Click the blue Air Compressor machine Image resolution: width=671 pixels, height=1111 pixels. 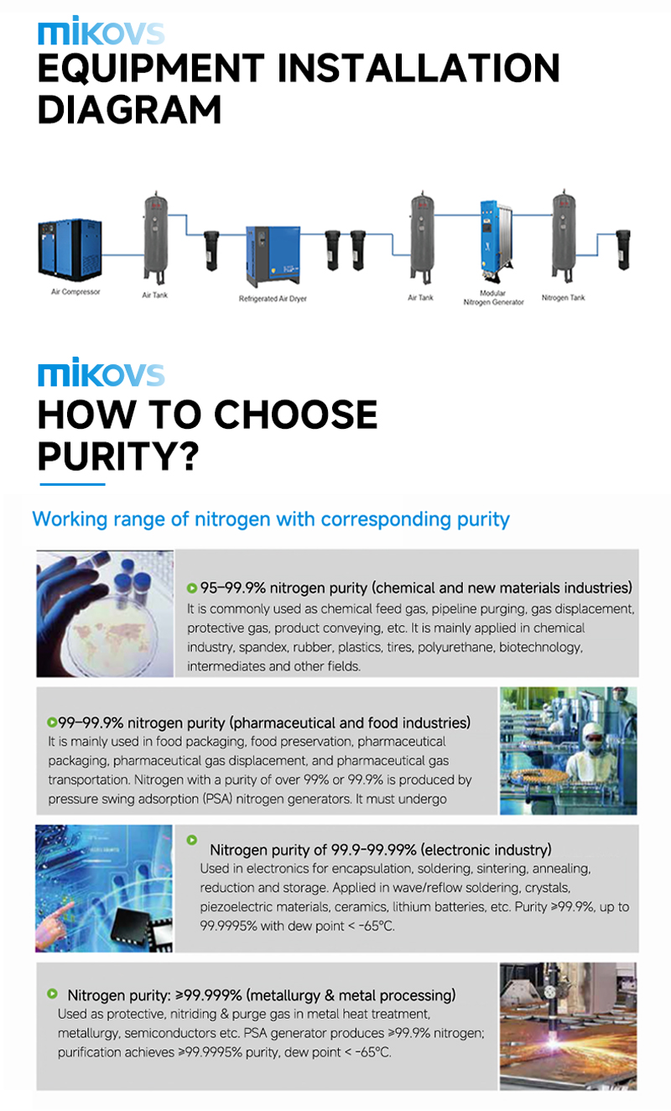(70, 249)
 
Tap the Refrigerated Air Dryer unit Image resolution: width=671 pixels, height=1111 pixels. (273, 256)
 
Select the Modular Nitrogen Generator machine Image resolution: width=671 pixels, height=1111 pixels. (496, 241)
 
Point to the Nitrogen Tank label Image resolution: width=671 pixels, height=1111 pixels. (563, 298)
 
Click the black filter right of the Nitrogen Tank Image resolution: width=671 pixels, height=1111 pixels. (623, 249)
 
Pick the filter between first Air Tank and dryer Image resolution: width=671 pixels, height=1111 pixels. (211, 250)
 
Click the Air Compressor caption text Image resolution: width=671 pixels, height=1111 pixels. (75, 292)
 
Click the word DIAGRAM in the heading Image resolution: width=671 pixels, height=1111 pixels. (129, 110)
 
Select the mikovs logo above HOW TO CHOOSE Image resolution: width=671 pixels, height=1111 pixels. (101, 372)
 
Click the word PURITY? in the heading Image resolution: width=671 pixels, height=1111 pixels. (118, 456)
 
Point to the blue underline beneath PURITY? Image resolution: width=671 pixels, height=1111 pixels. (72, 484)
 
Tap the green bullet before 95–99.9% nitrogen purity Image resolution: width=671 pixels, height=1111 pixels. (191, 588)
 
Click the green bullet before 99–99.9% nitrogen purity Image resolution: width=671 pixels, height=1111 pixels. (51, 722)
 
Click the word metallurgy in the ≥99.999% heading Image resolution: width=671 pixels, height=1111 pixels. (284, 995)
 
